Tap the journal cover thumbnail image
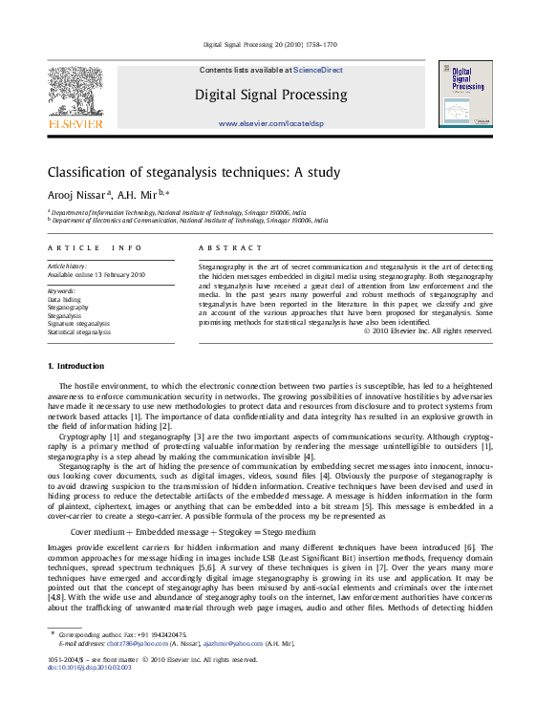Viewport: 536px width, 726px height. pos(465,94)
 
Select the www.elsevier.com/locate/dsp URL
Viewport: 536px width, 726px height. pos(271,124)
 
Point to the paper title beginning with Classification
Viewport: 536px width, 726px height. pos(194,173)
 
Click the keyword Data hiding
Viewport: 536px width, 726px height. pos(65,299)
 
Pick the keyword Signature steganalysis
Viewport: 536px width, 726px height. pos(78,324)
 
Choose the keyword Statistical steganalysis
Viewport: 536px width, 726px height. pos(78,332)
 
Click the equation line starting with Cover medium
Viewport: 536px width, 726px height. pos(193,530)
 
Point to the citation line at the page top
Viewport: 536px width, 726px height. pos(270,45)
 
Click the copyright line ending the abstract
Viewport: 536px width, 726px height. pos(428,331)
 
